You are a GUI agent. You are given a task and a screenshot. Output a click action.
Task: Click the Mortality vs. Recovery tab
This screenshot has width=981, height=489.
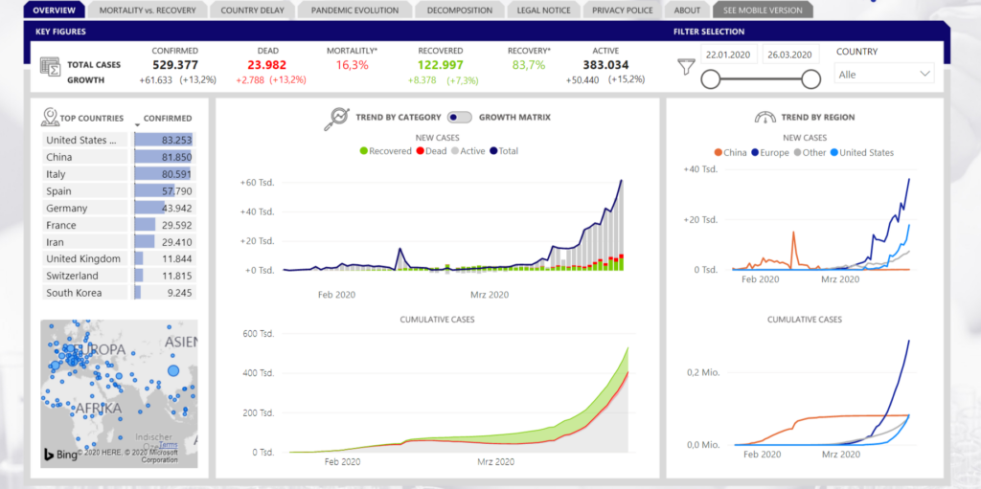tap(148, 11)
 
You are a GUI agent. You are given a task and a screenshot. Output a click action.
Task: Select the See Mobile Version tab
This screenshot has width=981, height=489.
tap(763, 11)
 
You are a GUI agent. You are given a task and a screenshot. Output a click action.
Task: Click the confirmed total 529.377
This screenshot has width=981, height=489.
tap(174, 65)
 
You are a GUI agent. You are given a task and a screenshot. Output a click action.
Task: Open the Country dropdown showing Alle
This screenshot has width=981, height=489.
tap(884, 74)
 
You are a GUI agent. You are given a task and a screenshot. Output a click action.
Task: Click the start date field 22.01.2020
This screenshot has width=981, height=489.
tap(730, 55)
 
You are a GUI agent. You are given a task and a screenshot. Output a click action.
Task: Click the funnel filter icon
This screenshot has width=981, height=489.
tap(685, 66)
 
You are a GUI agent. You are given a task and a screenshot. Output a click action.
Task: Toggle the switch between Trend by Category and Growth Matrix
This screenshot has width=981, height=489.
tap(460, 118)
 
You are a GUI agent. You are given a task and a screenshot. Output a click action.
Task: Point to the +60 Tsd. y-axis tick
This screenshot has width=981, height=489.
tap(257, 182)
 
